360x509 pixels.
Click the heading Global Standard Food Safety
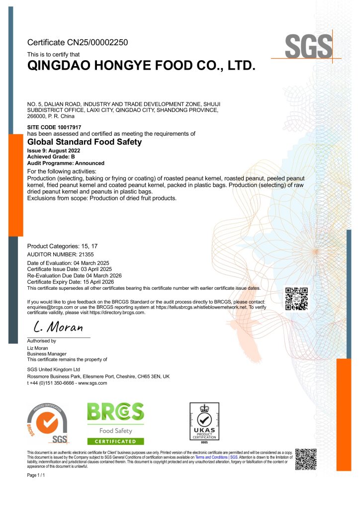click(84, 142)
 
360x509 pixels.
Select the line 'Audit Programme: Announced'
click(66, 163)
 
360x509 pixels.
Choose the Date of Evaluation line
click(68, 262)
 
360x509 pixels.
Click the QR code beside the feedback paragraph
click(296, 299)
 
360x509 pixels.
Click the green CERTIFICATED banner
click(115, 441)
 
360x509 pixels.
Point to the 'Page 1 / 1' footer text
click(36, 476)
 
